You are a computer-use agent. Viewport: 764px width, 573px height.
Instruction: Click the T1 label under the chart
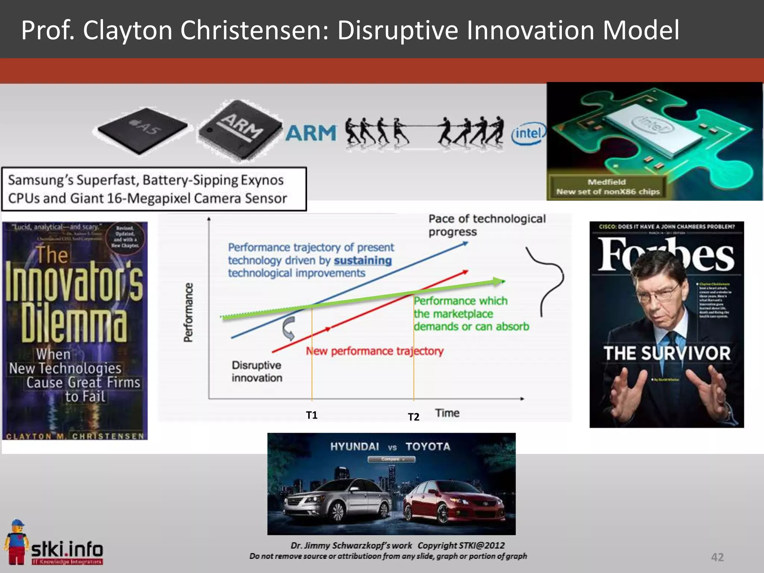click(x=311, y=415)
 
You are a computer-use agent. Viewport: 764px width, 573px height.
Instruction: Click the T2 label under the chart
click(x=413, y=417)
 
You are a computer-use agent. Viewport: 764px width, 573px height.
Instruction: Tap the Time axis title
click(x=447, y=413)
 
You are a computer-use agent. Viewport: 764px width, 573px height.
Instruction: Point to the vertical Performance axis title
click(x=188, y=312)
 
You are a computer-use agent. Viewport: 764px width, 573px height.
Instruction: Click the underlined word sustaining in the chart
click(x=363, y=260)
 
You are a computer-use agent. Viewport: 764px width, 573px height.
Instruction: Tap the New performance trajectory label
click(x=375, y=351)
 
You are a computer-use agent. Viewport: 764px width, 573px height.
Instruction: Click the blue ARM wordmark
click(x=311, y=133)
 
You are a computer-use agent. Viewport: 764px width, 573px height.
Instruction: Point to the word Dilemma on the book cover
click(x=73, y=323)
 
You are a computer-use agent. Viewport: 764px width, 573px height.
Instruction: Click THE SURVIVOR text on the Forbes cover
click(x=667, y=353)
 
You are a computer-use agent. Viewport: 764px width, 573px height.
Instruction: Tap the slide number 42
click(x=717, y=557)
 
